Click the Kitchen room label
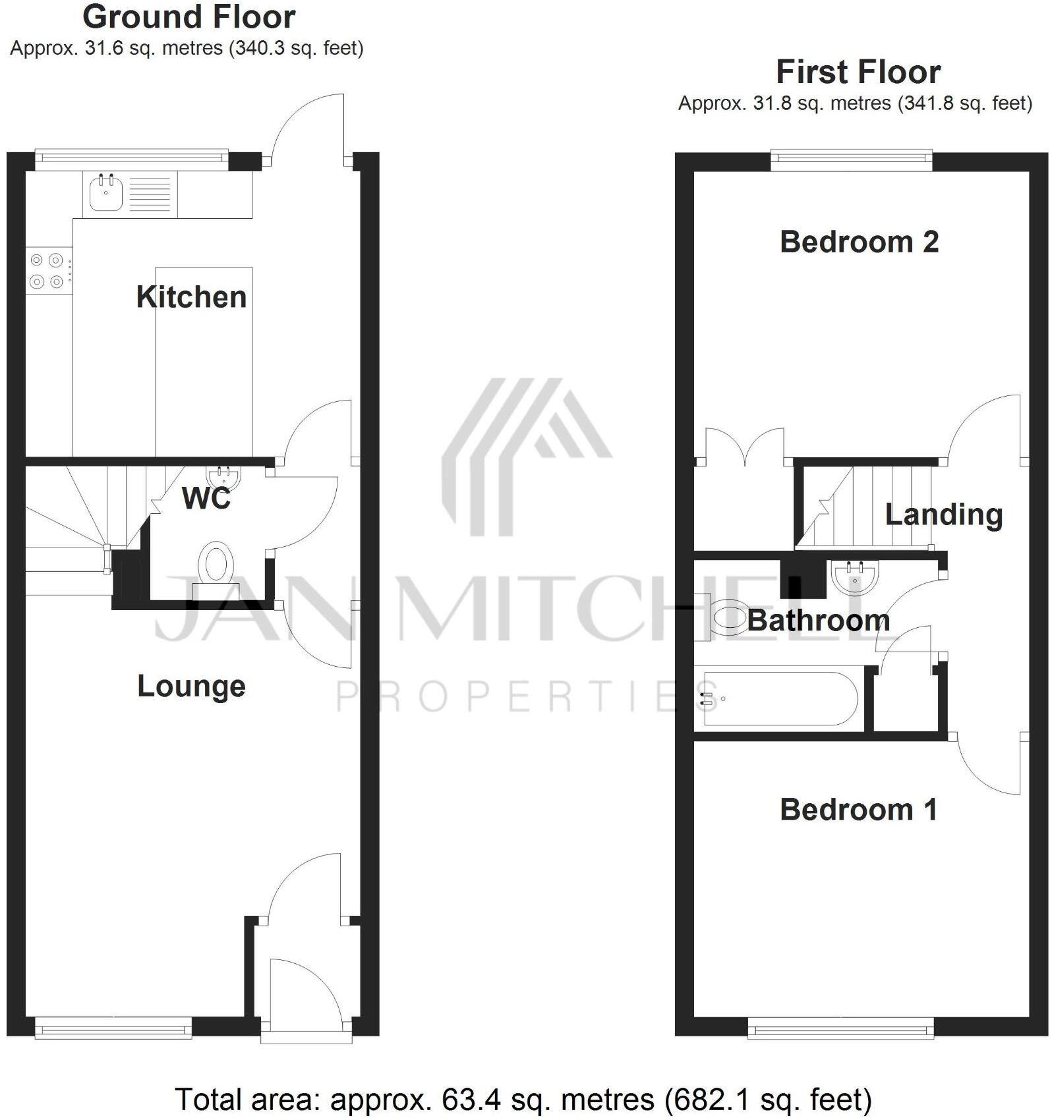coord(191,297)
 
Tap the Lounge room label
coord(191,686)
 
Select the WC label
coord(206,499)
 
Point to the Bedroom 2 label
coord(859,242)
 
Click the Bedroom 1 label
coord(858,810)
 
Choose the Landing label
coord(943,515)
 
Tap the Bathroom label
coord(818,621)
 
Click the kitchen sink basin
coord(105,194)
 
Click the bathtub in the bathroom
coord(780,698)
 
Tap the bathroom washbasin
coord(854,577)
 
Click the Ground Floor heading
coord(189,17)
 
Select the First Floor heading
coord(858,72)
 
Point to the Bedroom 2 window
coord(852,159)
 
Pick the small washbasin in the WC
coord(223,474)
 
